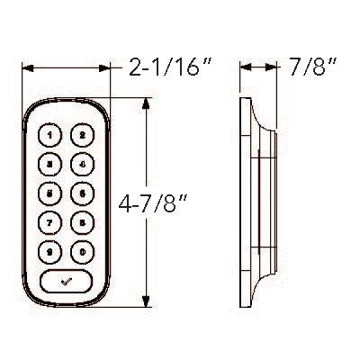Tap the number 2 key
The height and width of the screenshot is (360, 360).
[82, 136]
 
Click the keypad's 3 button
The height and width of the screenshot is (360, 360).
[50, 164]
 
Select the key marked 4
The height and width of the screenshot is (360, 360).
[82, 164]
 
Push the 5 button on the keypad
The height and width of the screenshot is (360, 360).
[50, 193]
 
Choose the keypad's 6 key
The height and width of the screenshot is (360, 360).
[82, 193]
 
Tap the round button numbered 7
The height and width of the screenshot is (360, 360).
[50, 221]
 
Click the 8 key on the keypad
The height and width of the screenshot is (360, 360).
[82, 221]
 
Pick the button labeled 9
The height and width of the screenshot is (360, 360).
[50, 250]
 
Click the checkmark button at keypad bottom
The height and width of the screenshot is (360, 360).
[66, 281]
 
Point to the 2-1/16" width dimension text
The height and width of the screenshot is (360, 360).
[163, 66]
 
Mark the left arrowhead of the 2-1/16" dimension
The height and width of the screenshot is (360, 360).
[24, 67]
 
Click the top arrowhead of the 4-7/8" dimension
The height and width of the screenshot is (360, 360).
[146, 101]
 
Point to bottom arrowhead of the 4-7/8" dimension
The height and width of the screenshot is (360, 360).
[146, 305]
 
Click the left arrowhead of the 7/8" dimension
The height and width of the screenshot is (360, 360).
[243, 67]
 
